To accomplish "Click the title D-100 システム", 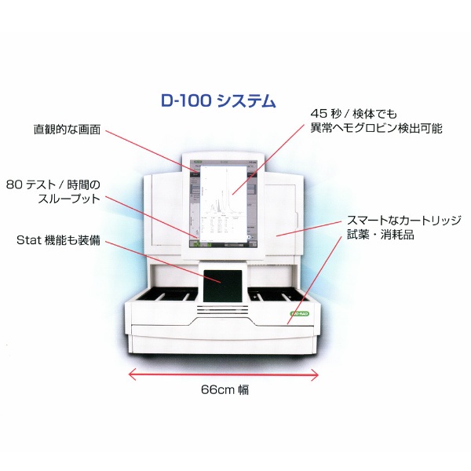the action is pyautogui.click(x=218, y=101).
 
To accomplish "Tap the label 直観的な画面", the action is pyautogui.click(x=67, y=130).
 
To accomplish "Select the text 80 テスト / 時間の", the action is pyautogui.click(x=53, y=184).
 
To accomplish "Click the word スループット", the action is pyautogui.click(x=69, y=199).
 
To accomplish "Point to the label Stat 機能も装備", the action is pyautogui.click(x=58, y=240).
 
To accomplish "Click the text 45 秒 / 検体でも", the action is pyautogui.click(x=353, y=114).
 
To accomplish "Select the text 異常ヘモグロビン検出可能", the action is pyautogui.click(x=376, y=129).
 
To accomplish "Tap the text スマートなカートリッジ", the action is pyautogui.click(x=404, y=220).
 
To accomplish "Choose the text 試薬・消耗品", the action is pyautogui.click(x=381, y=235).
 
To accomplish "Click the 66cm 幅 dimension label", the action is pyautogui.click(x=225, y=390).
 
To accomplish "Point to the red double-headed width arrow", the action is pyautogui.click(x=224, y=374).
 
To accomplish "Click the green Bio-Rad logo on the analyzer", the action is pyautogui.click(x=299, y=314).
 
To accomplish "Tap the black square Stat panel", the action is pyautogui.click(x=223, y=286).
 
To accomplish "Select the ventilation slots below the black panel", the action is pyautogui.click(x=223, y=310).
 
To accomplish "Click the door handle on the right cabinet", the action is pyautogui.click(x=297, y=221).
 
